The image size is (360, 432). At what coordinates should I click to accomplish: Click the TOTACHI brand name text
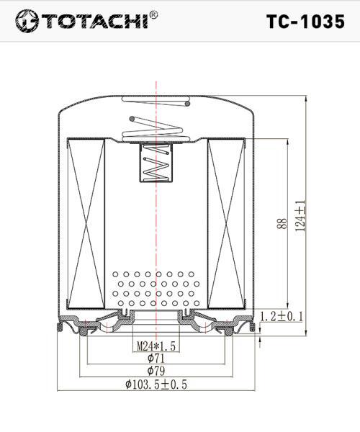click(94, 21)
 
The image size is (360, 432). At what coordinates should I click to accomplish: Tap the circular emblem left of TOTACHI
click(27, 21)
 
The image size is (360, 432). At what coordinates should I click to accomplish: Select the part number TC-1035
click(305, 22)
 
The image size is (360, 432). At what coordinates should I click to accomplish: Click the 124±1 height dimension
click(300, 215)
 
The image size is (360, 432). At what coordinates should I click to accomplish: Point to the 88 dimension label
click(282, 223)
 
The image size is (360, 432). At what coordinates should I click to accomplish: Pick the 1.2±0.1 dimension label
click(282, 317)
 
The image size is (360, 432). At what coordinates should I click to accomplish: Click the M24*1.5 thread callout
click(156, 346)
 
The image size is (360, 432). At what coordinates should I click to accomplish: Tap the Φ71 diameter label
click(156, 358)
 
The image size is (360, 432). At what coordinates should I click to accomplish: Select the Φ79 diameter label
click(156, 371)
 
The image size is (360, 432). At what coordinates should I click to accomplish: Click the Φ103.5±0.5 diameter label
click(156, 384)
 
